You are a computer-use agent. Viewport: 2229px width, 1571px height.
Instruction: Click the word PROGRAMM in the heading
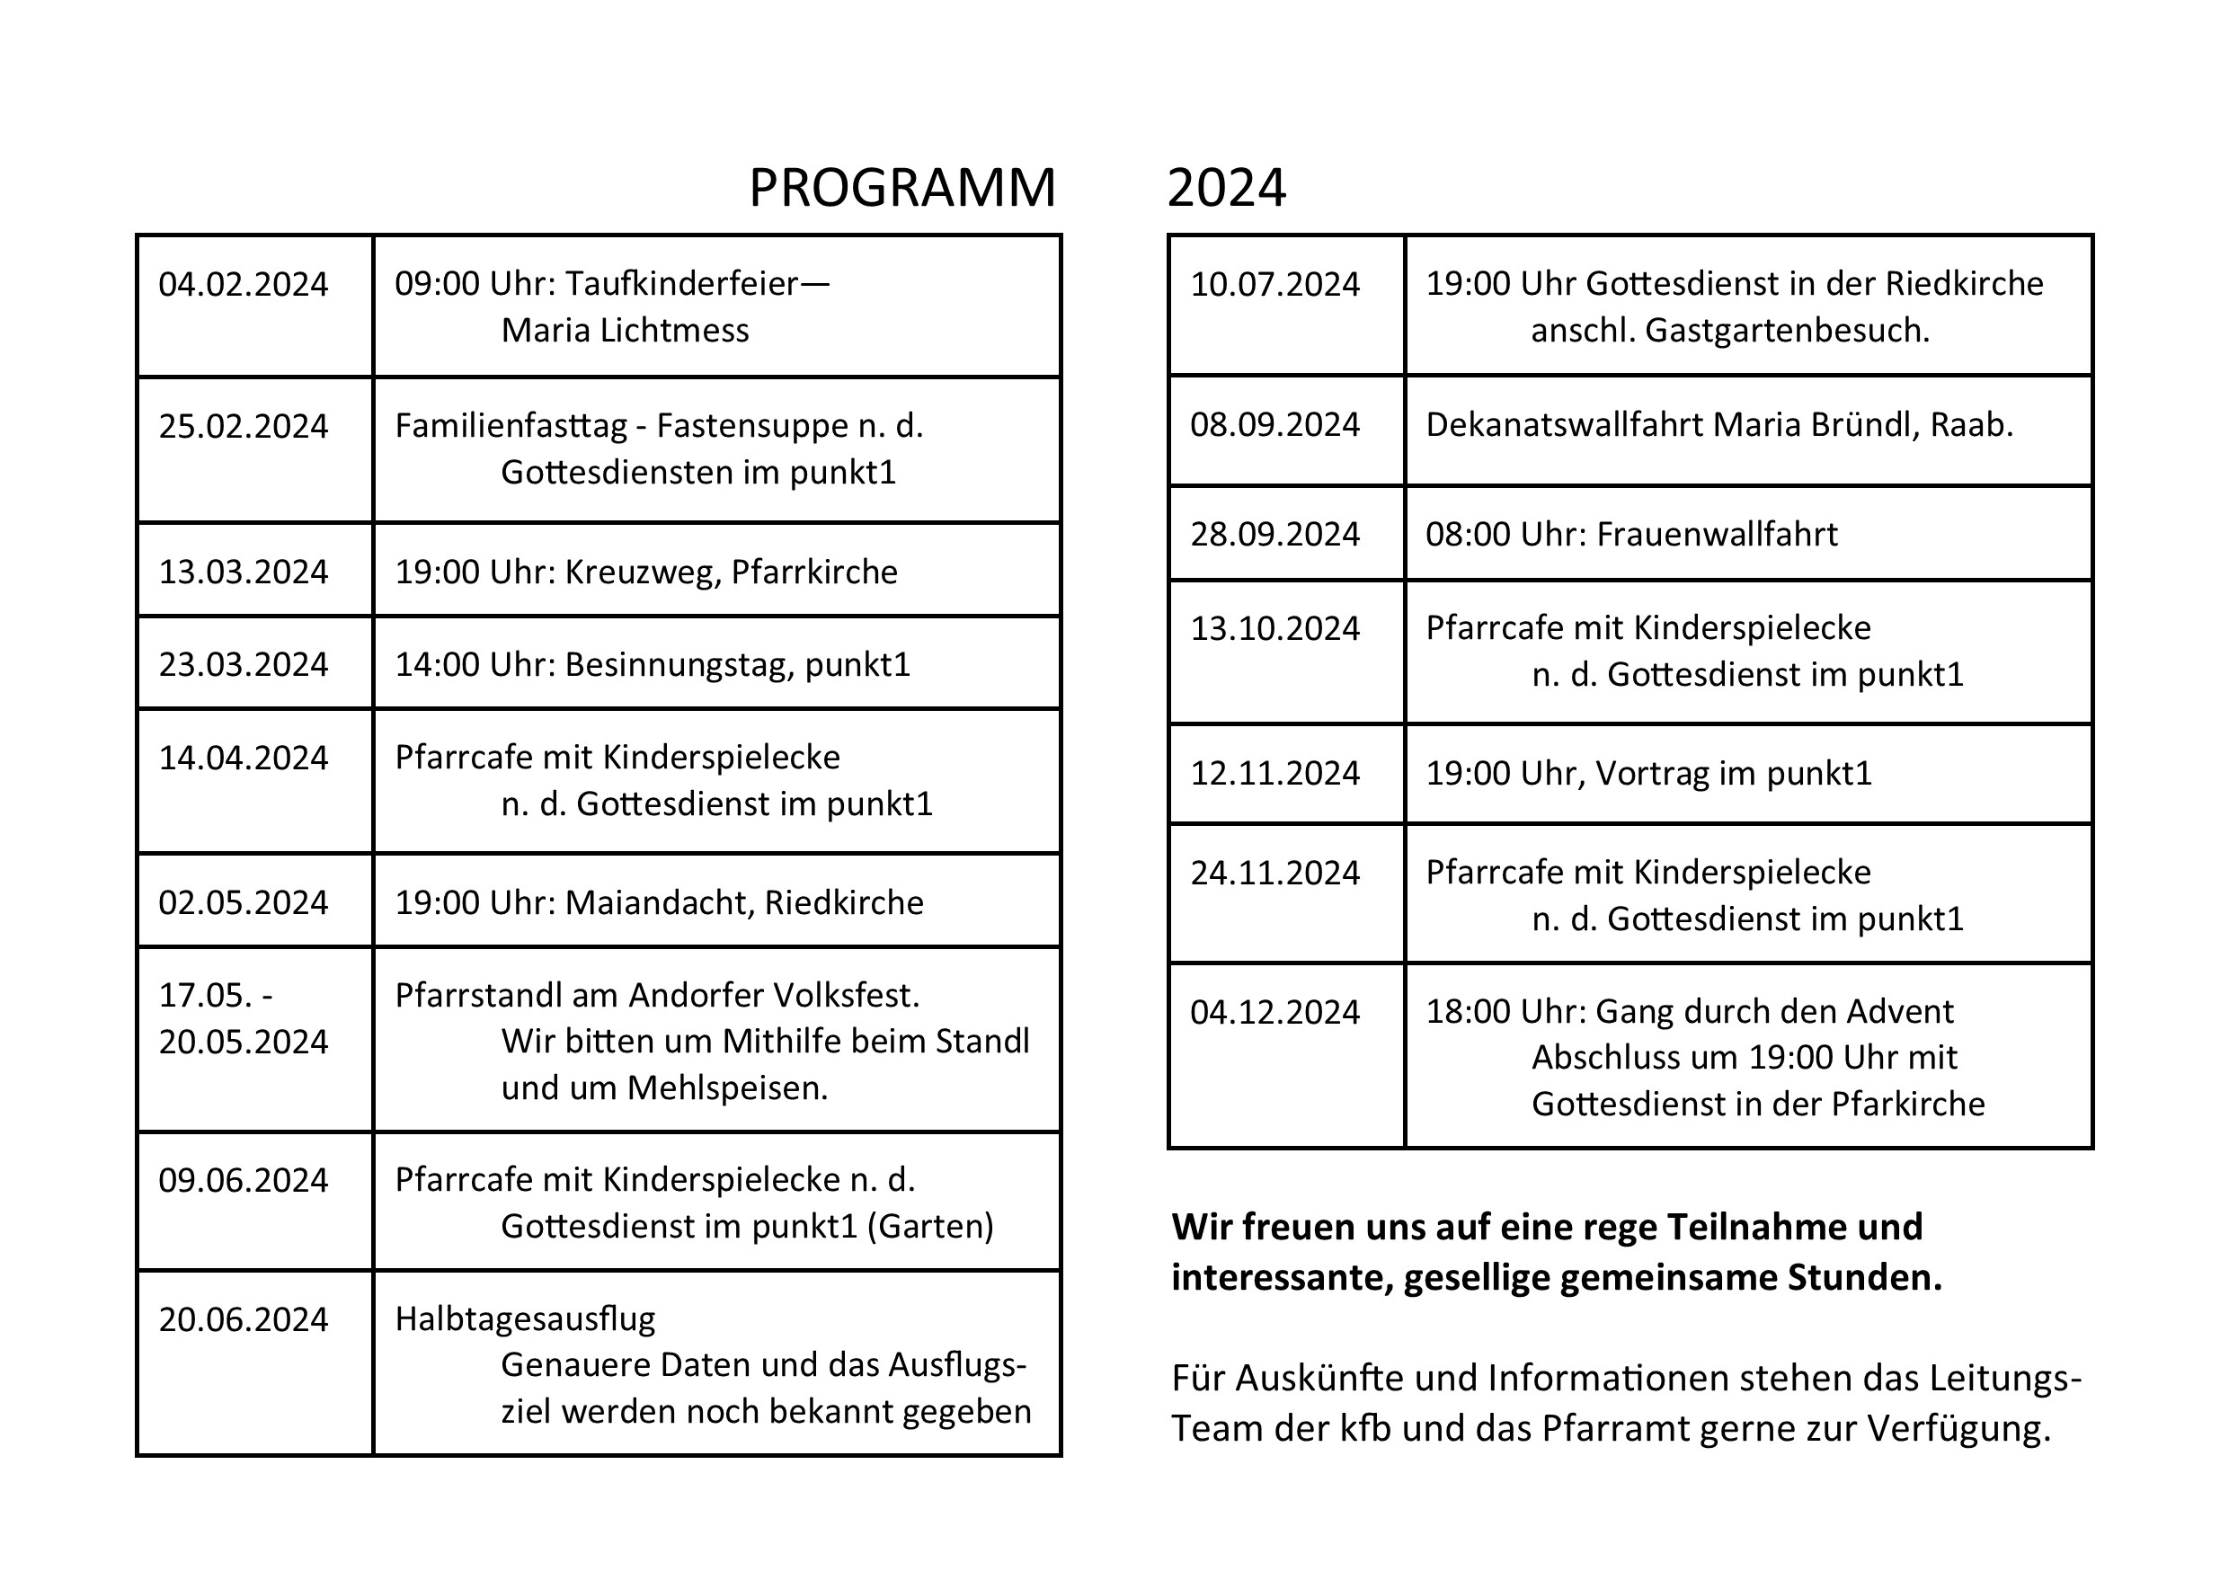pyautogui.click(x=901, y=188)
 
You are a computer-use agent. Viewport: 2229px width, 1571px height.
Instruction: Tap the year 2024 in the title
pyautogui.click(x=1226, y=188)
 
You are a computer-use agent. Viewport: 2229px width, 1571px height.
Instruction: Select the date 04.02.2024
pyautogui.click(x=243, y=285)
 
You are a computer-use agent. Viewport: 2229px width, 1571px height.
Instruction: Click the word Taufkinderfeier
pyautogui.click(x=681, y=283)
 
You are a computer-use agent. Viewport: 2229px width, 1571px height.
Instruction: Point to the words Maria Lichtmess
pyautogui.click(x=625, y=330)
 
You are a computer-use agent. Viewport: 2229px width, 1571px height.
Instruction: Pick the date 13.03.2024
pyautogui.click(x=243, y=572)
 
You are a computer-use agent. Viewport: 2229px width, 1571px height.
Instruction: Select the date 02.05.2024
pyautogui.click(x=243, y=903)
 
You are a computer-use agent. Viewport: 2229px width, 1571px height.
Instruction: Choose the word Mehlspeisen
pyautogui.click(x=727, y=1087)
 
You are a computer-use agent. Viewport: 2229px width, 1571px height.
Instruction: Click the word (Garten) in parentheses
pyautogui.click(x=930, y=1226)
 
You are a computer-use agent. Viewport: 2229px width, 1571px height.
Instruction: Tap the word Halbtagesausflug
pyautogui.click(x=524, y=1318)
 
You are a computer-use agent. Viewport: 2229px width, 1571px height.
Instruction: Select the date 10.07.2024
pyautogui.click(x=1274, y=285)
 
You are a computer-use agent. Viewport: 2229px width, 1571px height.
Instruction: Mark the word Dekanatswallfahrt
pyautogui.click(x=1564, y=424)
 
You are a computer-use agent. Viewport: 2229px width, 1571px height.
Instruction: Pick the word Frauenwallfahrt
pyautogui.click(x=1717, y=534)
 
